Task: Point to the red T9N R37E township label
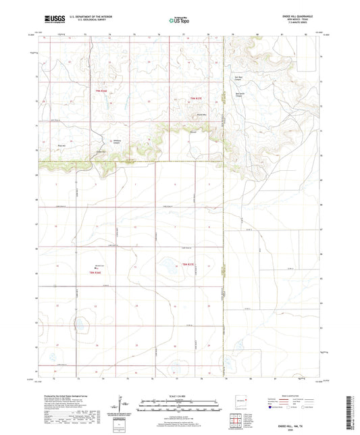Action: pos(197,99)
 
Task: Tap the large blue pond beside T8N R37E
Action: pos(165,265)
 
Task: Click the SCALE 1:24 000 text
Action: pos(180,395)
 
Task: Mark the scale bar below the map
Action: pos(180,407)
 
